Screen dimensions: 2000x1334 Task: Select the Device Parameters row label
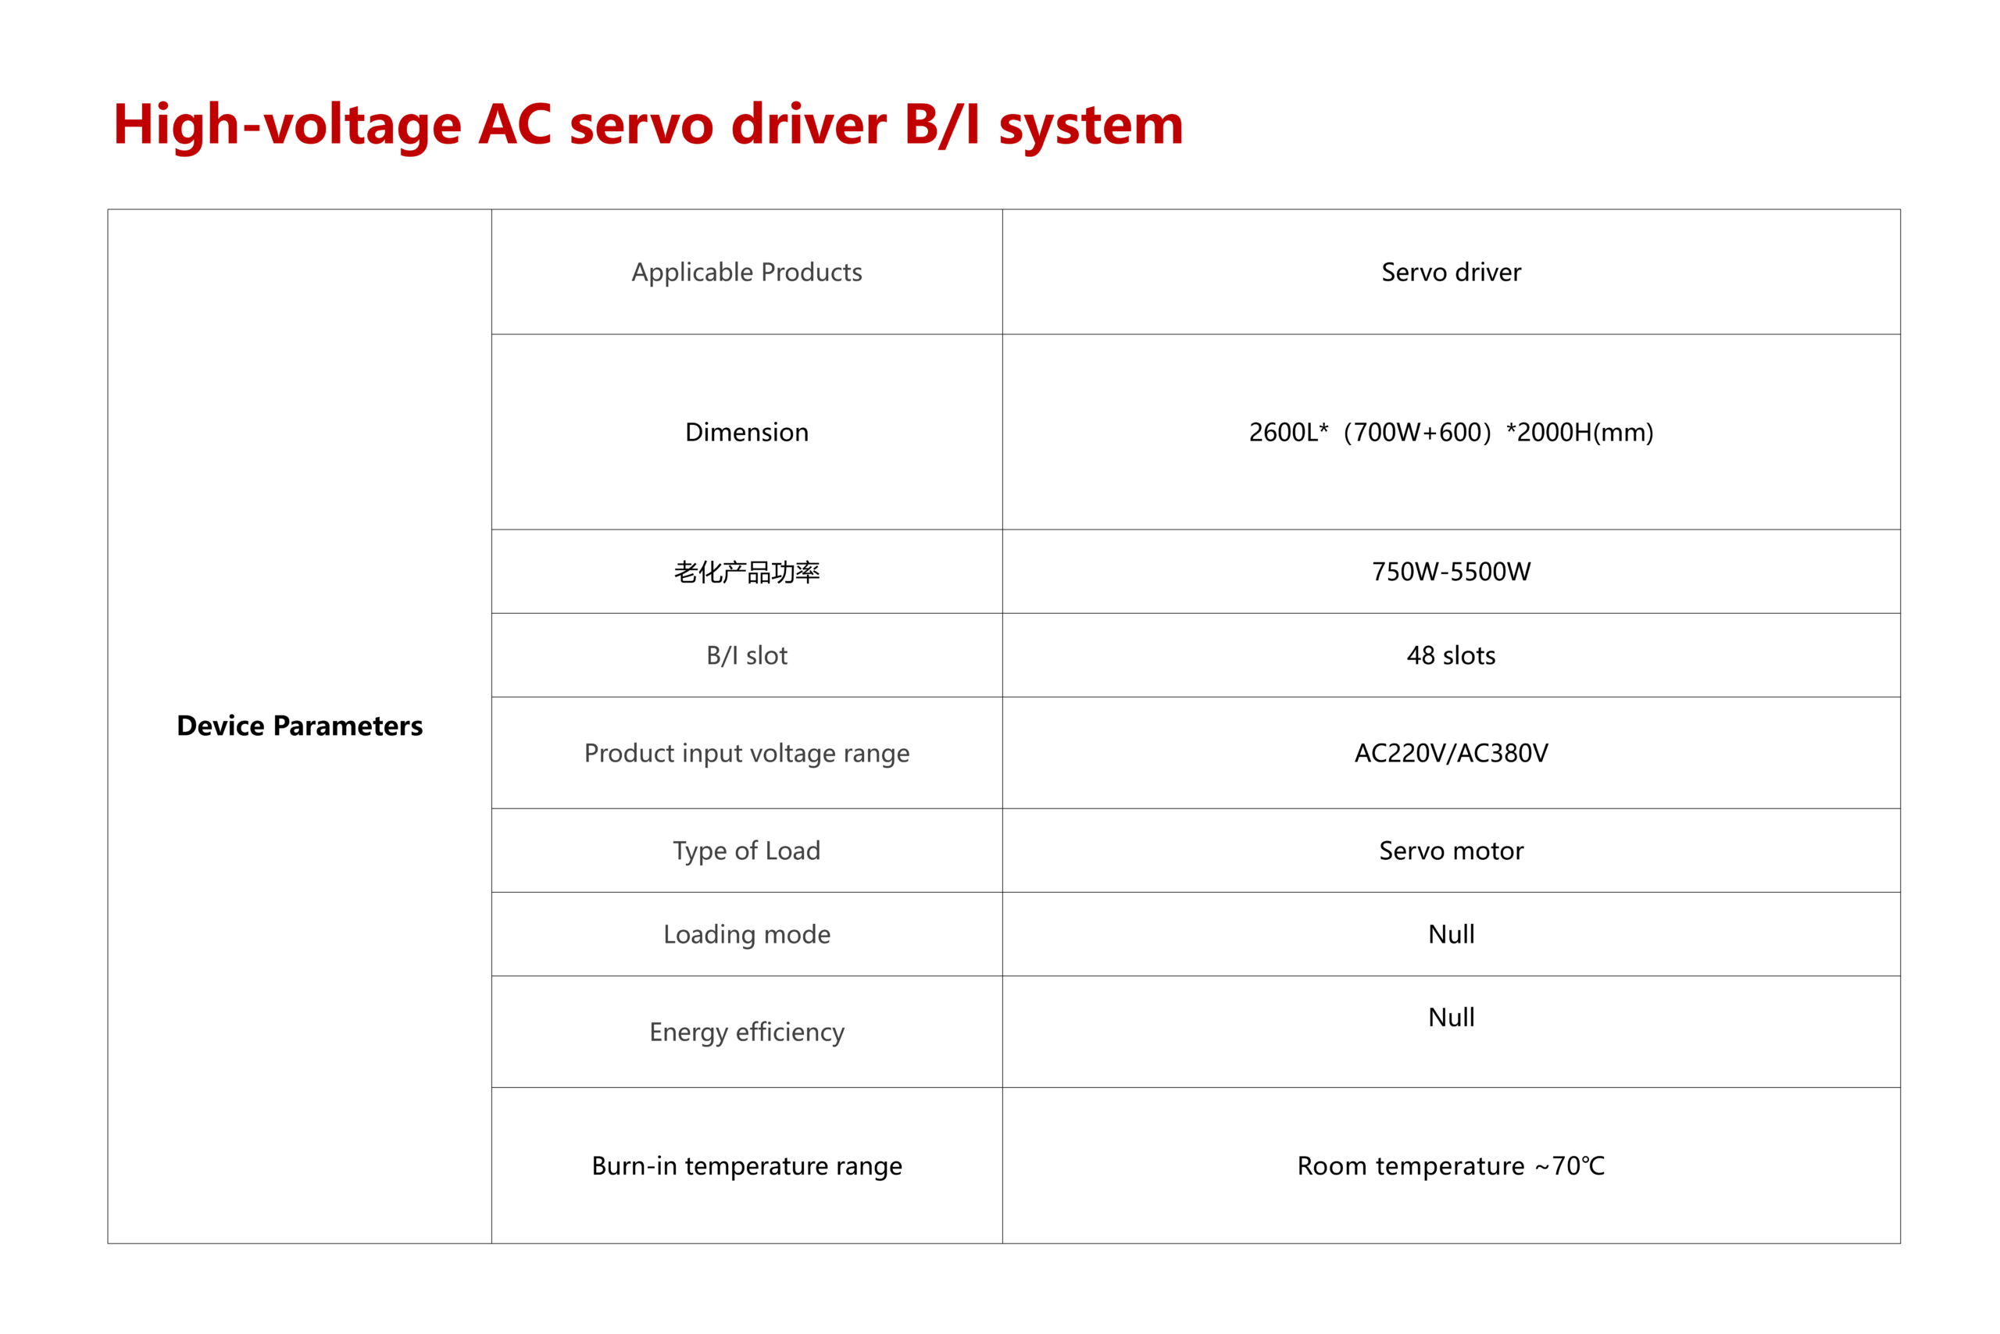pyautogui.click(x=299, y=726)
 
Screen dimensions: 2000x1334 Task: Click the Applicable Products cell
pyautogui.click(x=746, y=273)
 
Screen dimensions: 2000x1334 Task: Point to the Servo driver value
pyautogui.click(x=1451, y=273)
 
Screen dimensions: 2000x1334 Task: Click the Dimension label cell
pyautogui.click(x=746, y=432)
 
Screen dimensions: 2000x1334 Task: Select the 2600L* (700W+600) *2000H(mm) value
pyautogui.click(x=1451, y=432)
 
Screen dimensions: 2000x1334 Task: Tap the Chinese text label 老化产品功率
pyautogui.click(x=746, y=572)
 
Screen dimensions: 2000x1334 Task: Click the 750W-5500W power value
pyautogui.click(x=1451, y=572)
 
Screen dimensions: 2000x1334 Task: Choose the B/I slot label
pyautogui.click(x=746, y=655)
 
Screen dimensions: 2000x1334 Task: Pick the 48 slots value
pyautogui.click(x=1451, y=655)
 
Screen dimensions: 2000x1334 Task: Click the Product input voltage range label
pyautogui.click(x=746, y=754)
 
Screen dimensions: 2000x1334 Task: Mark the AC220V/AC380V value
pyautogui.click(x=1451, y=753)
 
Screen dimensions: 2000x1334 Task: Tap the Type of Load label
pyautogui.click(x=746, y=851)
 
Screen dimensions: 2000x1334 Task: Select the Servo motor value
pyautogui.click(x=1451, y=851)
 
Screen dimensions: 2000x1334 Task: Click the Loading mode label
pyautogui.click(x=746, y=934)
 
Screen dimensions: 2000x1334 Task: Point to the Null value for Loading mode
pyautogui.click(x=1451, y=934)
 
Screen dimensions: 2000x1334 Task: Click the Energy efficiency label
pyautogui.click(x=746, y=1032)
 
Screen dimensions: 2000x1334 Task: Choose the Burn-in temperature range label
pyautogui.click(x=746, y=1166)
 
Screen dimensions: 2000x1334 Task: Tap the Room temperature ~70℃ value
pyautogui.click(x=1451, y=1165)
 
